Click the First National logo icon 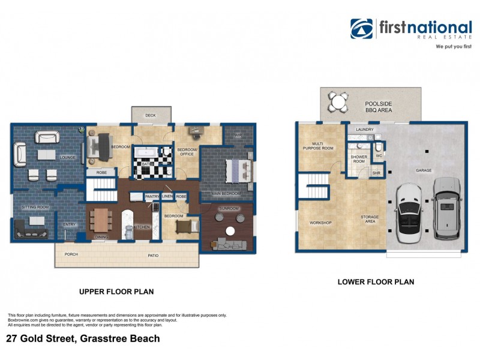pyautogui.click(x=362, y=28)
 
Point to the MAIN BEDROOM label pyautogui.click(x=226, y=194)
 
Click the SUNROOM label pyautogui.click(x=229, y=208)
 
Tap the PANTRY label pyautogui.click(x=151, y=196)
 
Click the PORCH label pyautogui.click(x=71, y=254)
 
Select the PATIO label pyautogui.click(x=154, y=256)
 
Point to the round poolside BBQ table pyautogui.click(x=338, y=101)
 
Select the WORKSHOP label pyautogui.click(x=320, y=223)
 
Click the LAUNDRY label pyautogui.click(x=365, y=129)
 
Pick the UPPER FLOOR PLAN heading pyautogui.click(x=116, y=292)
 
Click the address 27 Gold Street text pyautogui.click(x=83, y=338)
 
